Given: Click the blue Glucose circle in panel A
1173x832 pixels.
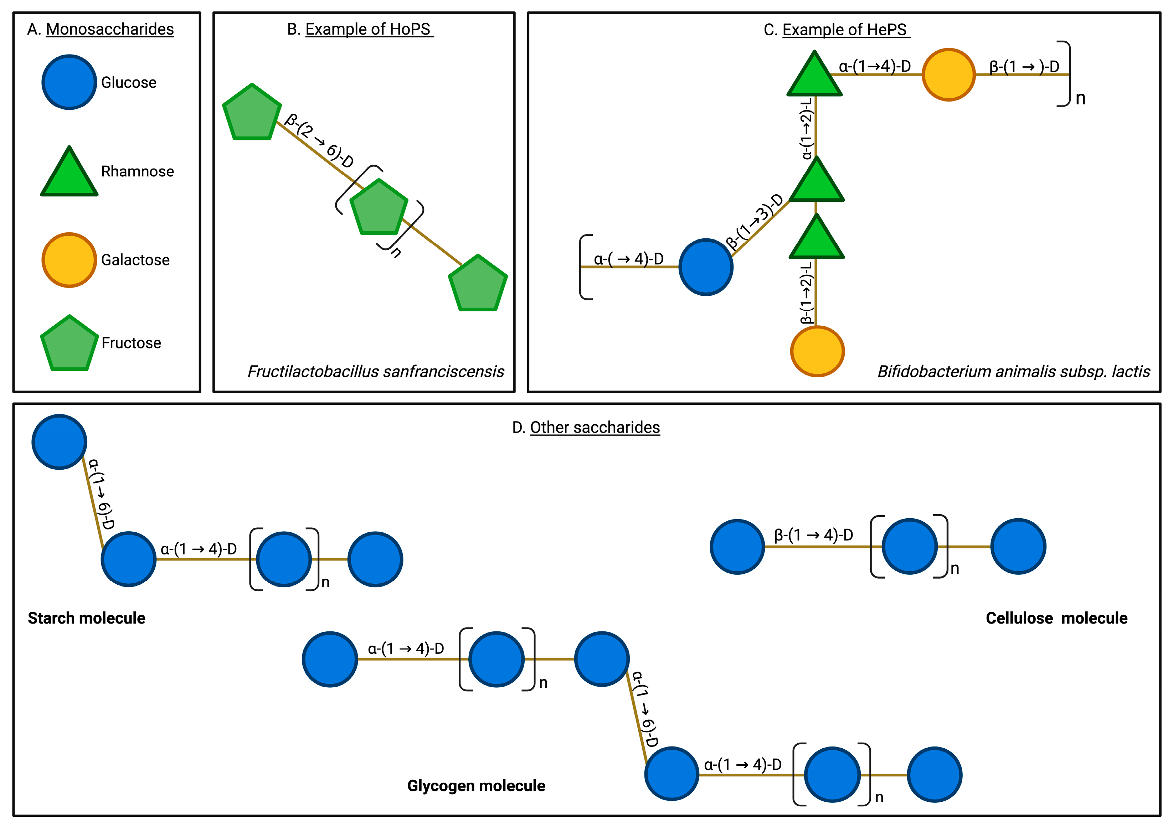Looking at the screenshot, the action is click(69, 82).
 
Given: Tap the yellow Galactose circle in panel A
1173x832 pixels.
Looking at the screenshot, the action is click(69, 260).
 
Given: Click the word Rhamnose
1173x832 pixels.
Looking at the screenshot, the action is click(137, 171).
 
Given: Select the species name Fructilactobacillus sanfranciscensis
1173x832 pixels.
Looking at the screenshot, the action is click(376, 371).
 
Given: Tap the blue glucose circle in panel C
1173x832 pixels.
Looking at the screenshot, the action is click(706, 267).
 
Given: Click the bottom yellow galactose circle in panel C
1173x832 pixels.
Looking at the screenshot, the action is click(817, 351).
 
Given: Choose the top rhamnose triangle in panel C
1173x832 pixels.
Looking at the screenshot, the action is click(814, 74).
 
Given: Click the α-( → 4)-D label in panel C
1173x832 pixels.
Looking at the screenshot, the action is click(628, 259).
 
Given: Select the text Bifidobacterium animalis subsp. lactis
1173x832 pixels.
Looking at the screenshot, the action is click(1014, 371).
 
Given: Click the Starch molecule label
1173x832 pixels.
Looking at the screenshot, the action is click(87, 618).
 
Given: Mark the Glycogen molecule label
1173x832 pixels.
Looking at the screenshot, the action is click(476, 785).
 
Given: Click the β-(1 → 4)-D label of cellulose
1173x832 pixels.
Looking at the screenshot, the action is click(813, 535).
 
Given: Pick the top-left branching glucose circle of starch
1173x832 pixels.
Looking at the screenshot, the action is click(60, 441).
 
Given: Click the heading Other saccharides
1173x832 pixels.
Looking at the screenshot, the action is click(595, 427).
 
